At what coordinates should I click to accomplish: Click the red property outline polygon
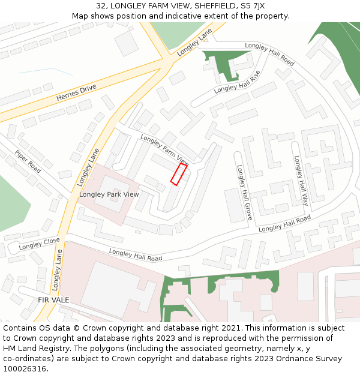point(179,174)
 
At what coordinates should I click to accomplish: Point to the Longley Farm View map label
point(164,150)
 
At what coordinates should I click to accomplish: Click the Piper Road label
point(28,161)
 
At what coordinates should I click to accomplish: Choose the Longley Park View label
point(109,194)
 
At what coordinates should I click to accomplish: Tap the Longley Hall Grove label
point(244,193)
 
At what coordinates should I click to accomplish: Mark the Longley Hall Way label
point(301,181)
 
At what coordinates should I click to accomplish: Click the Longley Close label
point(39,244)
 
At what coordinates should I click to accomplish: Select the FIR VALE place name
point(53,299)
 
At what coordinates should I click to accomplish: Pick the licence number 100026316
point(24,369)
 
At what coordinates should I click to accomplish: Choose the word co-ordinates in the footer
point(28,359)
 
